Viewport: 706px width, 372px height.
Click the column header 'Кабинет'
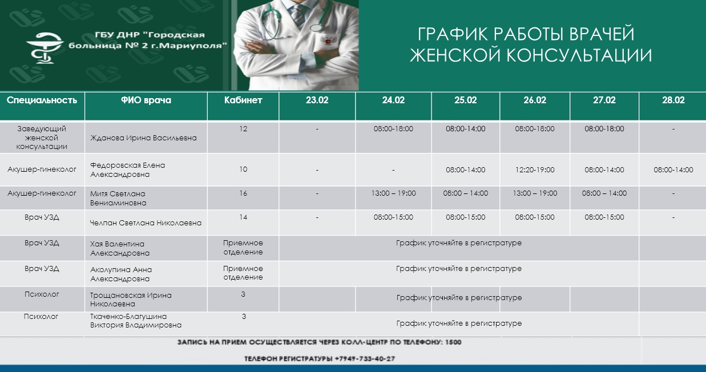coord(243,100)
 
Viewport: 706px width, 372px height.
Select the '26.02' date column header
coord(535,100)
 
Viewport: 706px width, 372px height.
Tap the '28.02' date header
coord(673,100)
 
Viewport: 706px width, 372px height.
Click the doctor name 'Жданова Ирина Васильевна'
coord(143,138)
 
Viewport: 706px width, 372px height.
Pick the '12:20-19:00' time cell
coord(535,170)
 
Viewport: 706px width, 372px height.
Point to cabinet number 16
coord(243,193)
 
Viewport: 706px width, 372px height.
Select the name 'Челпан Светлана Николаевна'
coord(146,223)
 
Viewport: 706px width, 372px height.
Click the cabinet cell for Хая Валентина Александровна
coord(243,248)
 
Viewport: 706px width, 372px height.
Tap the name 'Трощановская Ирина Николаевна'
coord(131,300)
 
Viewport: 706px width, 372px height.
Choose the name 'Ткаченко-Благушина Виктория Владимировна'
coord(136,321)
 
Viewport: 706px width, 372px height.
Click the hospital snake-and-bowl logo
coord(45,48)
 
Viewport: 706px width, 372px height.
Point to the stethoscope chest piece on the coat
coord(316,27)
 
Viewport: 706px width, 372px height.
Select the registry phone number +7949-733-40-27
coord(365,359)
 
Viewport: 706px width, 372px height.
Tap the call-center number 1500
coord(453,342)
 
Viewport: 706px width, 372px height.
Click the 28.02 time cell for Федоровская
coord(673,170)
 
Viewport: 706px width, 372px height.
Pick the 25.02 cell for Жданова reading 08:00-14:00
coord(466,129)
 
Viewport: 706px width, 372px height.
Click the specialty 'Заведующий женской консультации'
coord(42,138)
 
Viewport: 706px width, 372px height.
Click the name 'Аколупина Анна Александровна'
coord(121,274)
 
